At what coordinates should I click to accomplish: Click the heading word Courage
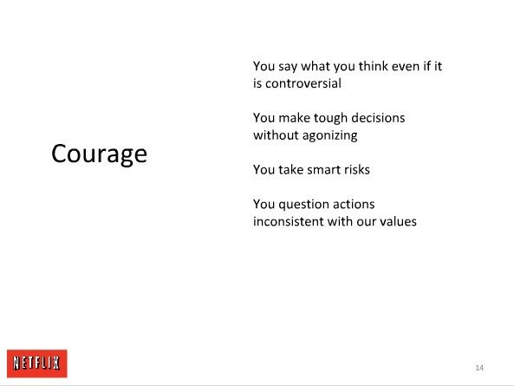[x=99, y=154]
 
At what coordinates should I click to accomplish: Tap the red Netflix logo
[x=37, y=363]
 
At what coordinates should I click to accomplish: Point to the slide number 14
[x=479, y=368]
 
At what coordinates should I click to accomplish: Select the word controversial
[x=303, y=83]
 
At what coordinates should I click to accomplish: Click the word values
[x=398, y=221]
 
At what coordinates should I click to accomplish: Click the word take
[x=290, y=169]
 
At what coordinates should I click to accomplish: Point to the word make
[x=294, y=118]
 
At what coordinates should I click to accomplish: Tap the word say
[x=288, y=67]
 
